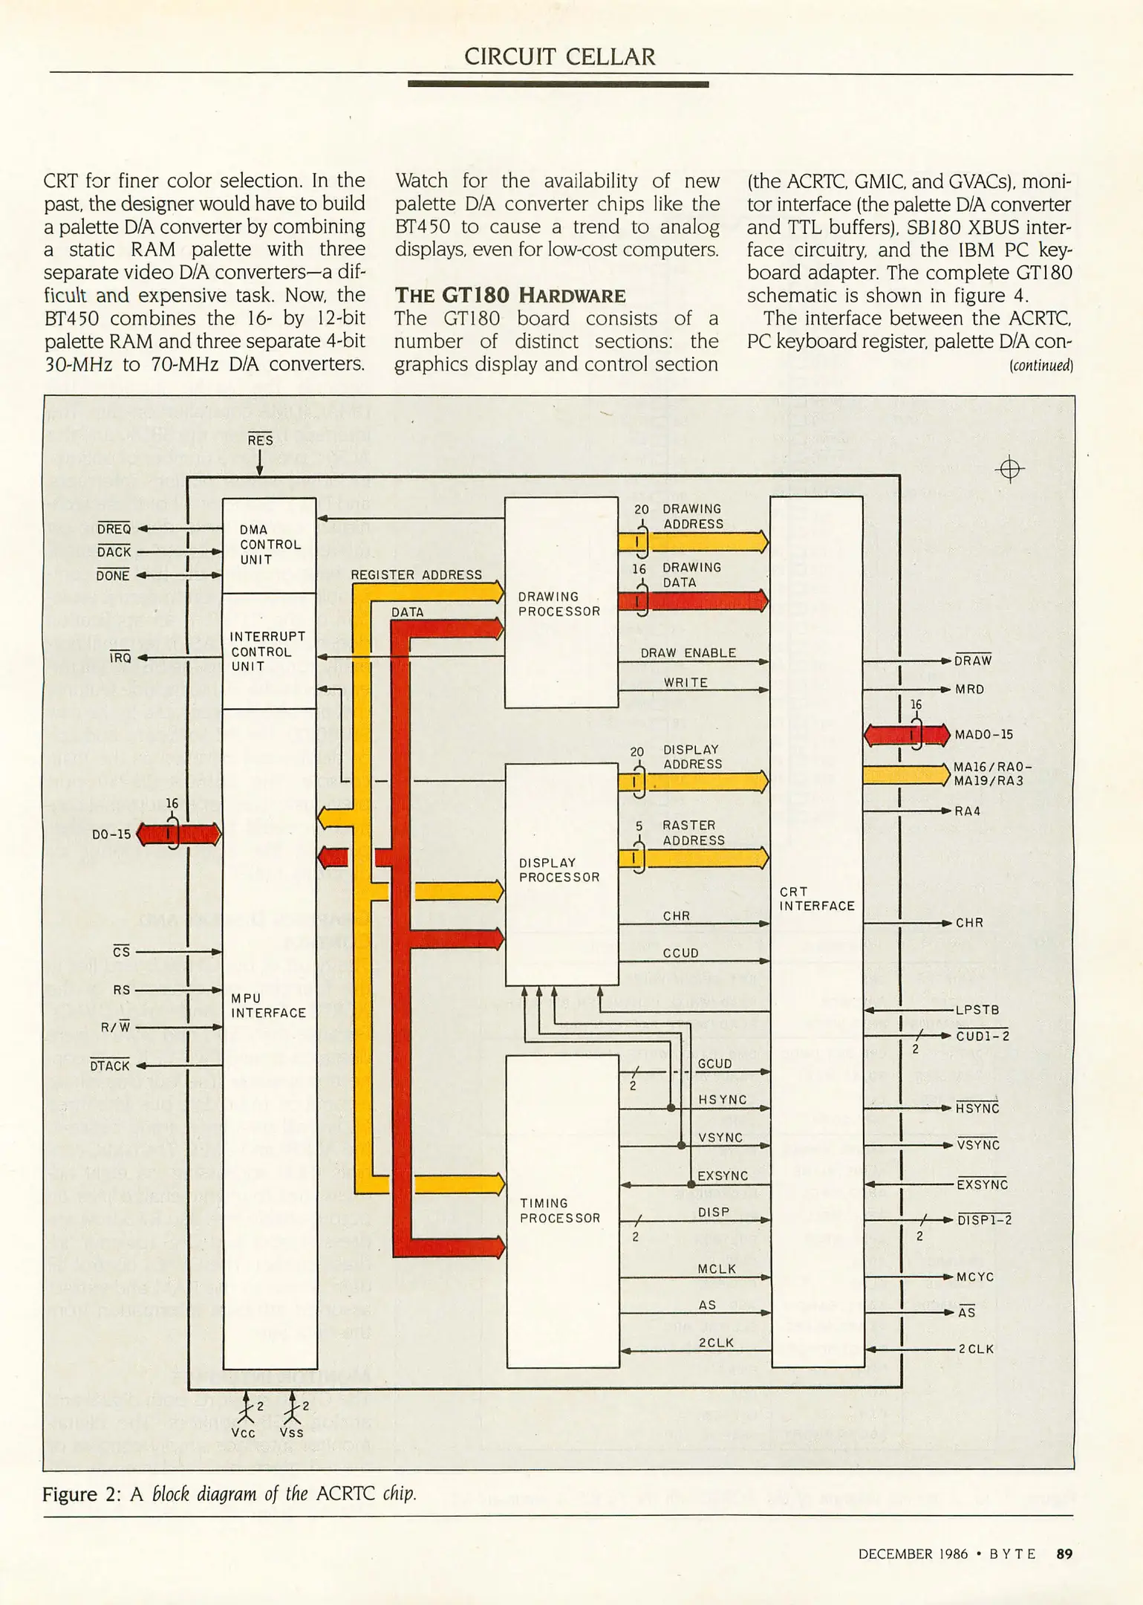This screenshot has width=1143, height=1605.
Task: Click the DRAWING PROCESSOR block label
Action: coord(559,604)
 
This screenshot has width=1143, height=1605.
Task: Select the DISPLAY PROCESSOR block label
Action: coord(559,870)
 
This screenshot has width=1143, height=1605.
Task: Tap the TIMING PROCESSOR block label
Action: coord(559,1210)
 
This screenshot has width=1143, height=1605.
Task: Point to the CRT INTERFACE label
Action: coord(816,898)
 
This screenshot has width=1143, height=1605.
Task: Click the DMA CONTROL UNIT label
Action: coord(270,545)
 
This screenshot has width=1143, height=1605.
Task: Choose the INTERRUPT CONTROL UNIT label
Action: coord(267,652)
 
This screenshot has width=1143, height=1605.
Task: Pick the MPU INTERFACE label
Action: coord(268,1005)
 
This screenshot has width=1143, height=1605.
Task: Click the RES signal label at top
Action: coord(260,441)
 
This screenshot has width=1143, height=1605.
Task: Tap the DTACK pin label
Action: coord(110,1066)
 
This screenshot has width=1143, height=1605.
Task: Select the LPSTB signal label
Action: coord(977,1011)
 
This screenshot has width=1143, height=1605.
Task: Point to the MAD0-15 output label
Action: coord(983,735)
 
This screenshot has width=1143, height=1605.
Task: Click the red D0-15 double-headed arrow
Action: coord(179,834)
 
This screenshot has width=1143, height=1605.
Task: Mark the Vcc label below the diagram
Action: coord(243,1433)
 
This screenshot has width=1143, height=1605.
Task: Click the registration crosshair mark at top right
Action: coord(1009,470)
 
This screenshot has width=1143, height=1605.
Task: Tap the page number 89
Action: coord(1064,1554)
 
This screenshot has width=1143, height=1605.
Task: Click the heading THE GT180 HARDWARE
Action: coord(509,295)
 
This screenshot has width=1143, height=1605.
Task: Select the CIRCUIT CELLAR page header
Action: coord(559,57)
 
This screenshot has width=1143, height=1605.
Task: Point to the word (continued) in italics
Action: coord(1041,365)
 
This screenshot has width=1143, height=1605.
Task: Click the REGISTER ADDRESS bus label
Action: coord(416,575)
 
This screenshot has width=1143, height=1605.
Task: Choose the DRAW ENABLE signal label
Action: coord(688,653)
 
